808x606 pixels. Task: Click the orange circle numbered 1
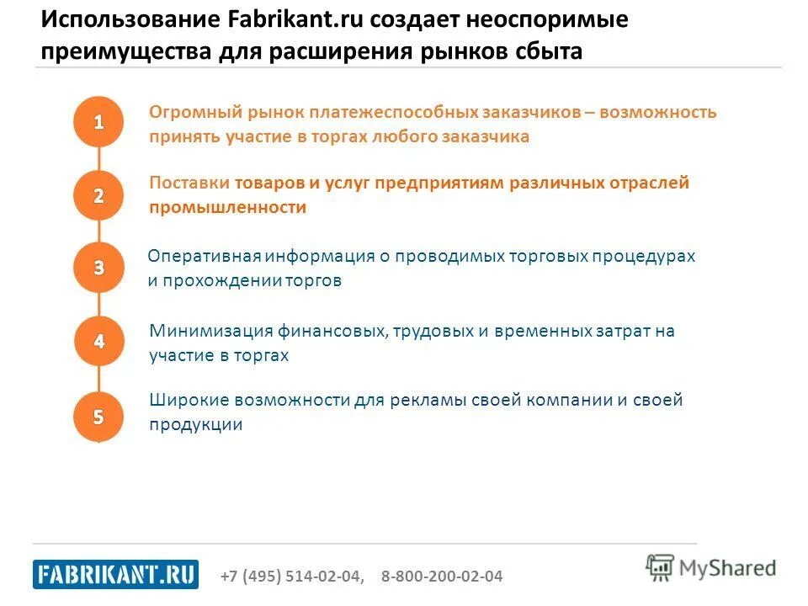(x=99, y=122)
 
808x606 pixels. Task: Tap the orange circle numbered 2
(x=99, y=195)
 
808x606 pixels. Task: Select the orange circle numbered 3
(x=99, y=268)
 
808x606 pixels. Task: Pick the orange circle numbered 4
(x=99, y=341)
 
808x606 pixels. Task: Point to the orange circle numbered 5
(x=99, y=416)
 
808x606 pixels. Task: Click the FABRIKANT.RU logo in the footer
(x=116, y=575)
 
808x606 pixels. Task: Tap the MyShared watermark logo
(x=711, y=567)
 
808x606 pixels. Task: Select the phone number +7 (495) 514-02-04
(x=292, y=577)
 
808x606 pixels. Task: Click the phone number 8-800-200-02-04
(x=442, y=577)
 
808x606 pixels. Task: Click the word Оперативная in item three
(x=205, y=256)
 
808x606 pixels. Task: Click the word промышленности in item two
(x=227, y=208)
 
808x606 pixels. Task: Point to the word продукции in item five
(x=196, y=425)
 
